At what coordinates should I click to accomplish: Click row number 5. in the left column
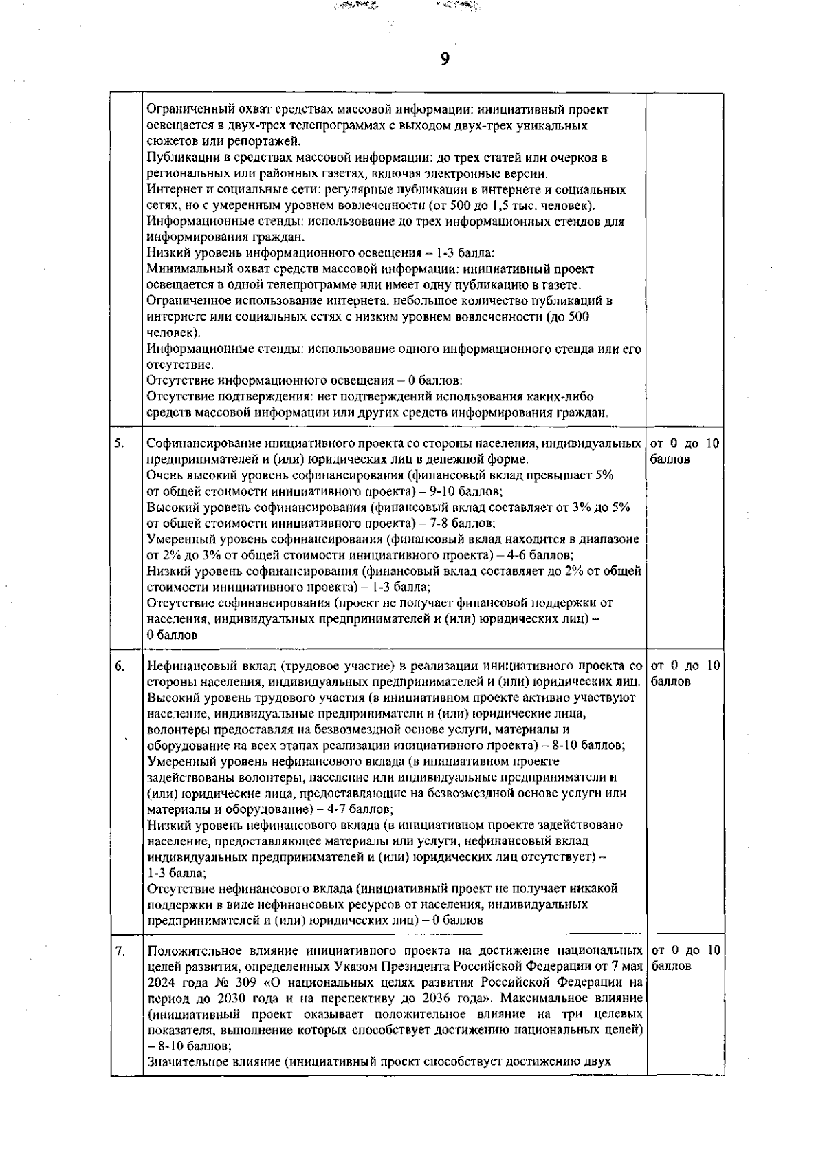tap(119, 444)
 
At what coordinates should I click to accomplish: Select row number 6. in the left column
tap(120, 666)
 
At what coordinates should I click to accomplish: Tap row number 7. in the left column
tap(120, 951)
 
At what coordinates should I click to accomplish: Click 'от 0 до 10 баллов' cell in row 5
tap(684, 451)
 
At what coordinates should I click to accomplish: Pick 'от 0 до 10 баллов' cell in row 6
tap(684, 673)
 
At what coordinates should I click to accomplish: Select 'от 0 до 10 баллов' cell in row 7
tap(684, 958)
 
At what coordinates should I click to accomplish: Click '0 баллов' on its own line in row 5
tap(172, 635)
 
